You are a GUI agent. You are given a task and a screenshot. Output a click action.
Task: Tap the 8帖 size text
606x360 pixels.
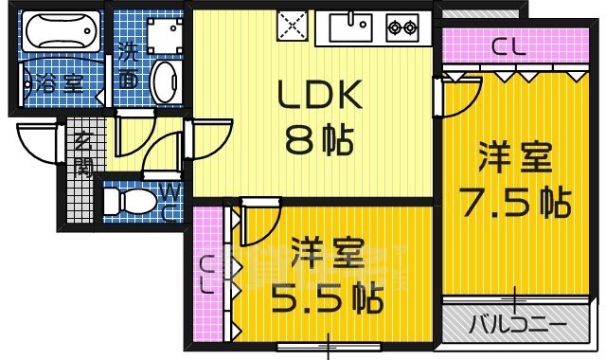coord(319,141)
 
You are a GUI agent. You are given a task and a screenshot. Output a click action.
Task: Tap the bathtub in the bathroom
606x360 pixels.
coord(61,35)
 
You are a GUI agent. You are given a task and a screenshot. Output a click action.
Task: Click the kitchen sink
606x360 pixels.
coord(351,27)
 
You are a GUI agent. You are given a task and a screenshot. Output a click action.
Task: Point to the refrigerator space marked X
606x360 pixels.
coord(290,26)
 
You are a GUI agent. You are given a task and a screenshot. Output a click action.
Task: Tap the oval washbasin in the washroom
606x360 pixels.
coord(162,83)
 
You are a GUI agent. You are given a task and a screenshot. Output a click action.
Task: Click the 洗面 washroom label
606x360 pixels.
coord(127,66)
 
